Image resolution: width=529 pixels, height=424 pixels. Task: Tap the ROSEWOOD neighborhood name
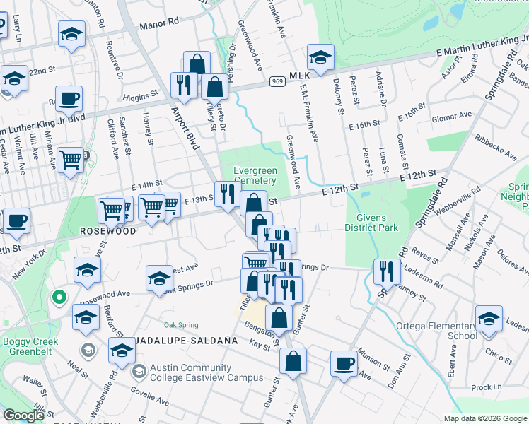pos(107,231)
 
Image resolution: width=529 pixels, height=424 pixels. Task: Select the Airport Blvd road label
pos(186,127)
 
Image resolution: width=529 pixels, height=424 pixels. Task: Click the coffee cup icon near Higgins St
pos(69,100)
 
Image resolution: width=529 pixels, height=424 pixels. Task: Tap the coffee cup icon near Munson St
pos(344,365)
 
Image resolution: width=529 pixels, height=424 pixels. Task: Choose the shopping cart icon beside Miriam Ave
pos(70,160)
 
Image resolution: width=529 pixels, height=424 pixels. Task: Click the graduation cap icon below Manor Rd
pos(71,35)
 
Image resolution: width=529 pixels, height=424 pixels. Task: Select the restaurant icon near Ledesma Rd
pos(386,271)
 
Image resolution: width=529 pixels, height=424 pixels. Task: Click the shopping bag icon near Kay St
pos(292,361)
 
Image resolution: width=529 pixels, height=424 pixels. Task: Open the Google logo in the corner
pos(24,416)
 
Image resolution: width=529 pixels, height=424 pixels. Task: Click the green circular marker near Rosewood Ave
pos(60,297)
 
